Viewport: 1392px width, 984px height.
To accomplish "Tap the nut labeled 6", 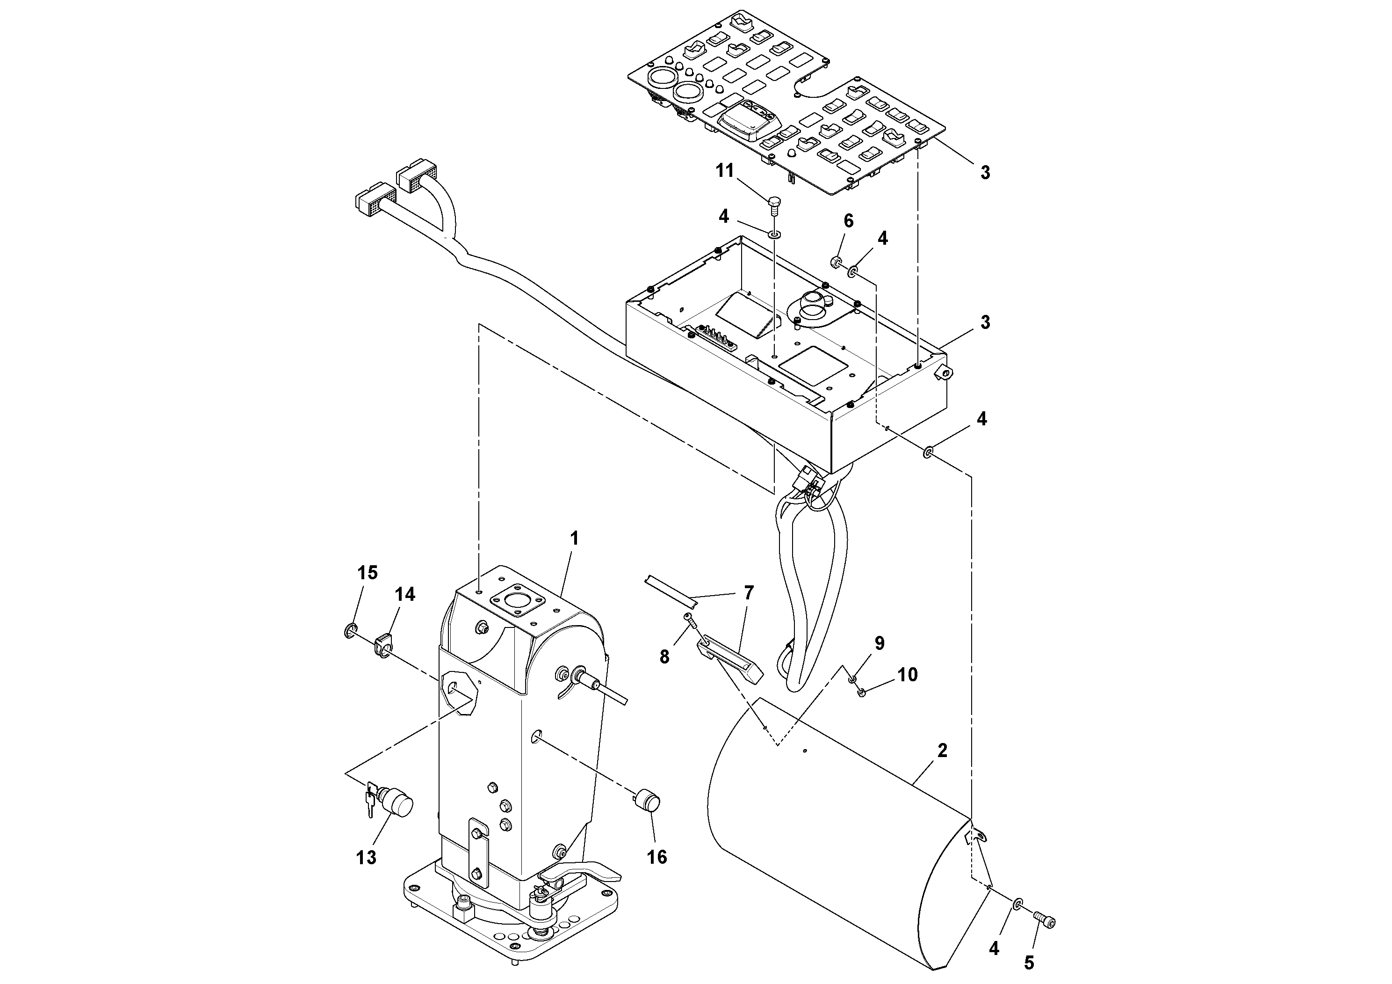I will point(836,262).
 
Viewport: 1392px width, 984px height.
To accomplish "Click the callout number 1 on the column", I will point(574,538).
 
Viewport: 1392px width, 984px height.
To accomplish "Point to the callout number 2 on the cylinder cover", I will point(942,751).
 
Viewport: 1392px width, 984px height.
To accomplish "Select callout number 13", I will point(367,857).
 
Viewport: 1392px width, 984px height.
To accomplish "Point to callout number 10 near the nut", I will point(907,675).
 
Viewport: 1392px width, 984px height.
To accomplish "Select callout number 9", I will point(879,643).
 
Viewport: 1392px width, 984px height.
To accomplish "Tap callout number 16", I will point(656,857).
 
